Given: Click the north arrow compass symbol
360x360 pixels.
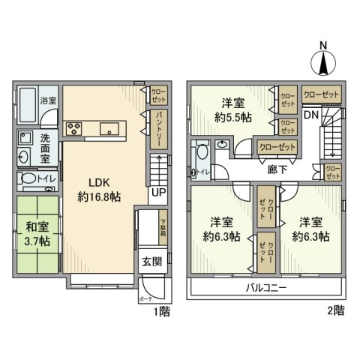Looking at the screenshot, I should (324, 59).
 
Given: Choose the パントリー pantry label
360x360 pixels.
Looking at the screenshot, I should (159, 128).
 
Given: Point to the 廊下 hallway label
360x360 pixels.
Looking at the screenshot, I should (277, 169).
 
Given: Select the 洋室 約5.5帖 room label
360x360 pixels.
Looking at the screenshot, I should (232, 111).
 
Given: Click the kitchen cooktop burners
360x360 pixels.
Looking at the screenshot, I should (74, 129).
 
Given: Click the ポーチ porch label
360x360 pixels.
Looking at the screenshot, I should (144, 299).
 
